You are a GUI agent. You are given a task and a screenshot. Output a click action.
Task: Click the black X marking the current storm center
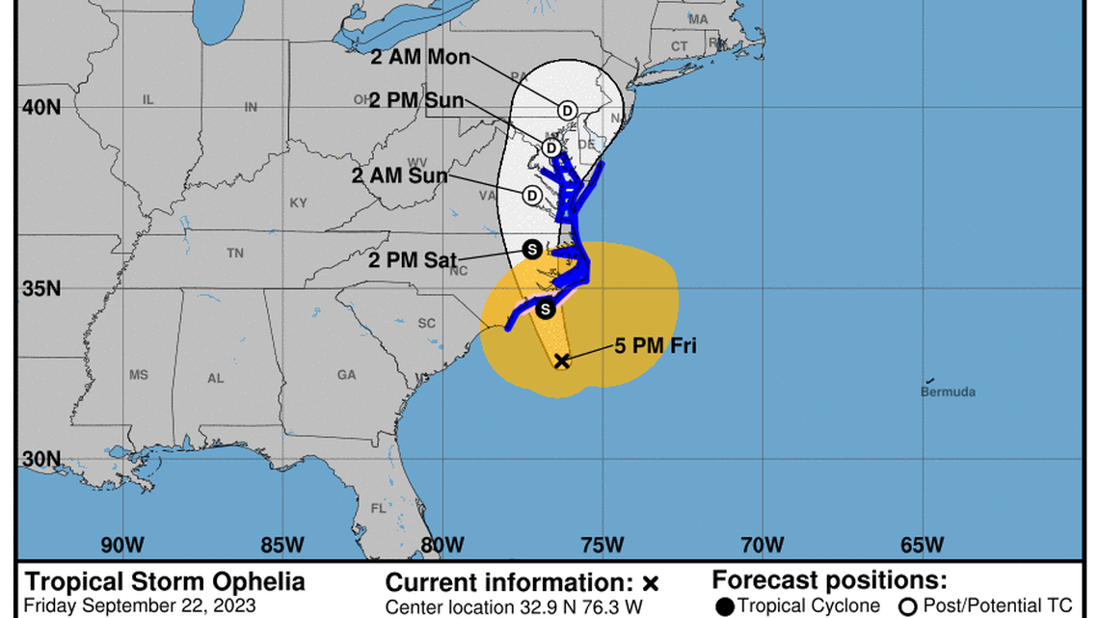coord(562,361)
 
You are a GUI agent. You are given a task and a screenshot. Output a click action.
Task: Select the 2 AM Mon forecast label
coord(420,57)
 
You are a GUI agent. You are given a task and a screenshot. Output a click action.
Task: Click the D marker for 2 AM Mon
coord(567,111)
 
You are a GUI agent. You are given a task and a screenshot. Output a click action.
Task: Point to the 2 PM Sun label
coord(416,100)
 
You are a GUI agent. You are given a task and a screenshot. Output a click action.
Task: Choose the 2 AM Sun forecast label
coord(399,175)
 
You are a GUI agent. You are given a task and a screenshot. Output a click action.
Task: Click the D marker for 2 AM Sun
coord(531,196)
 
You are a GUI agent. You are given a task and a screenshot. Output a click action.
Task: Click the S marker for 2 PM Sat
coord(531,250)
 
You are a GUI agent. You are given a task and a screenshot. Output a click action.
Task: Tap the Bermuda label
coord(948,391)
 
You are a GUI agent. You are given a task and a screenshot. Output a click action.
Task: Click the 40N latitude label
coord(41,106)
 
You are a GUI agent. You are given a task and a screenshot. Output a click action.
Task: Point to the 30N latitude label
coord(41,460)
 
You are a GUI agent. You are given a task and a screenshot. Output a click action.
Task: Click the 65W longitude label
coord(922,545)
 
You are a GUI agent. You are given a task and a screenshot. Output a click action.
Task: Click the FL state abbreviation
coord(379,508)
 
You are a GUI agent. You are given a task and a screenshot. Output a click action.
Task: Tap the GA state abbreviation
coord(347,375)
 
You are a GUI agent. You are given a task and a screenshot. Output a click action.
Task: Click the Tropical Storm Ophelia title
coord(164,582)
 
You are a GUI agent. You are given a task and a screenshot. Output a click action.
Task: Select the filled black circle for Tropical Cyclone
coord(725,605)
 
